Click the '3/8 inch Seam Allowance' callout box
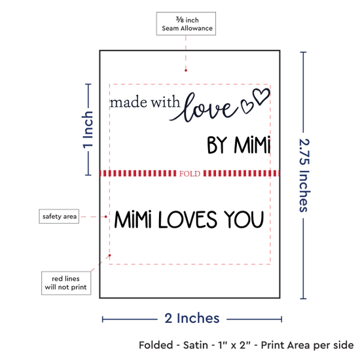click(x=186, y=24)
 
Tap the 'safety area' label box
click(x=59, y=216)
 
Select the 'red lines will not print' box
click(x=66, y=283)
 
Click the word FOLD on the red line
click(x=190, y=173)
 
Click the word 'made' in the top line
click(x=128, y=102)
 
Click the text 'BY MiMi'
click(x=239, y=145)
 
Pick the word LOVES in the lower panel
click(x=188, y=220)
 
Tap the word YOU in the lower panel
click(x=244, y=220)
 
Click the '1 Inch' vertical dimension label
click(x=88, y=130)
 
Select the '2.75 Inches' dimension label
click(x=304, y=175)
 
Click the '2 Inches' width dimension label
click(x=192, y=318)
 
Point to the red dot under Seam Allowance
click(x=186, y=71)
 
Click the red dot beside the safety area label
click(x=106, y=217)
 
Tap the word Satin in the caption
click(x=196, y=345)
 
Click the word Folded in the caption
click(x=156, y=345)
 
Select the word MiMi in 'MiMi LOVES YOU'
click(x=133, y=220)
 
